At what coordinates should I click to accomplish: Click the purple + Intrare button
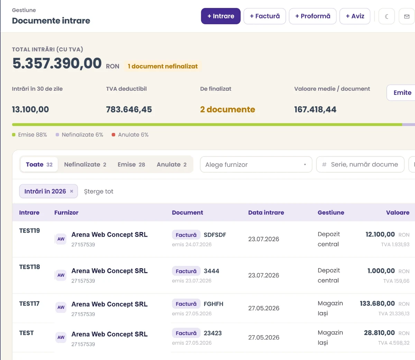pos(220,16)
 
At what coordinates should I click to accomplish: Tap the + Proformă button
pos(312,16)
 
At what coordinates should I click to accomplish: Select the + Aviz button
pos(355,16)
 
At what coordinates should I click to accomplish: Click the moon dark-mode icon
pos(387,16)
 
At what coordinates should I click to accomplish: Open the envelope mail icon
pos(407,16)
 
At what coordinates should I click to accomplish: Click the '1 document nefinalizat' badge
pos(163,66)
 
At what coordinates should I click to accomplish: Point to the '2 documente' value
pos(228,109)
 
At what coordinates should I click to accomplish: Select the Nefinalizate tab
pos(85,164)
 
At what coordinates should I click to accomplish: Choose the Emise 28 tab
pos(131,164)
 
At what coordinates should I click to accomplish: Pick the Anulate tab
pos(172,164)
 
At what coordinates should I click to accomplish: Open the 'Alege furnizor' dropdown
pos(256,164)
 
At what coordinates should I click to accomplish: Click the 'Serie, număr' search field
pos(360,164)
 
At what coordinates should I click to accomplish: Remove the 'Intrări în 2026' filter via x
pos(72,191)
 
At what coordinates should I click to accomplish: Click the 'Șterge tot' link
pos(99,191)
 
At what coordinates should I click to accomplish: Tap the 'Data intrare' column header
pos(266,213)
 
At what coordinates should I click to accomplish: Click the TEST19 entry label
pos(29,231)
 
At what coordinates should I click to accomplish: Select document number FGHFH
pos(213,304)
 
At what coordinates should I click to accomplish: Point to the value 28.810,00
pos(379,333)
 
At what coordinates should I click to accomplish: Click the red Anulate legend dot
pos(113,135)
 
